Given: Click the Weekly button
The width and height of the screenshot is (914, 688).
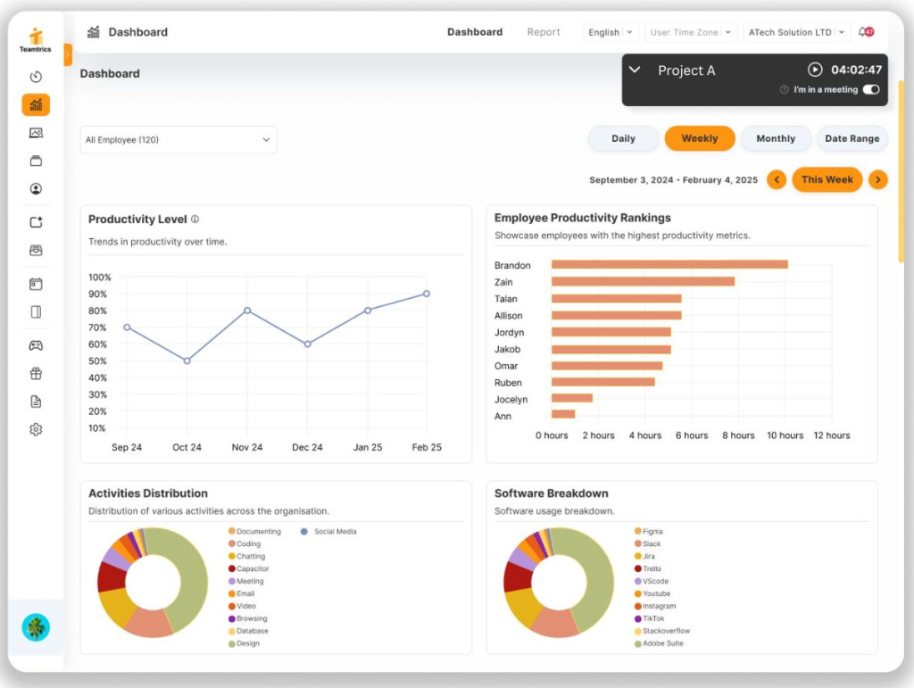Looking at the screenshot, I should [x=699, y=138].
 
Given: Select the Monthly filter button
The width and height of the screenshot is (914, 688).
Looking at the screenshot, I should [x=775, y=138].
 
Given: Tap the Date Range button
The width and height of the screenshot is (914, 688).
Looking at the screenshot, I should [x=852, y=138].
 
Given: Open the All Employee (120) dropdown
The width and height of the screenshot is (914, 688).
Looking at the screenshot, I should [x=179, y=140].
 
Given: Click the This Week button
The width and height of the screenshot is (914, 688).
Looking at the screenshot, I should [x=827, y=179].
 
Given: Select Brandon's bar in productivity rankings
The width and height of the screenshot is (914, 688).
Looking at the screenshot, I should [x=669, y=265].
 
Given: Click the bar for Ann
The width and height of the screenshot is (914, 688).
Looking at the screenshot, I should [x=563, y=414].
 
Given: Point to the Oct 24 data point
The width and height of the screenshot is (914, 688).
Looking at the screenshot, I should [x=187, y=361].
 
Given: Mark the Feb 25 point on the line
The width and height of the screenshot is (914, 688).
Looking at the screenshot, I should [x=427, y=294].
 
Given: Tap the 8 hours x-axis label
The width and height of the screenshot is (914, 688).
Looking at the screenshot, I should [x=737, y=435].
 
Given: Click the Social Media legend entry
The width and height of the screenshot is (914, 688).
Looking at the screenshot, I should [x=335, y=532].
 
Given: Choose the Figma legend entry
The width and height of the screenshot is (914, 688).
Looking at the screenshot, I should [x=652, y=532].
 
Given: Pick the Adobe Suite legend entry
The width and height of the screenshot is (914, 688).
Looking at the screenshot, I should [x=661, y=643].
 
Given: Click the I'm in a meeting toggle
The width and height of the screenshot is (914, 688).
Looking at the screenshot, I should [x=871, y=89].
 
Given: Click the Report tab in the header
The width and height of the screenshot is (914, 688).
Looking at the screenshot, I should [x=544, y=32].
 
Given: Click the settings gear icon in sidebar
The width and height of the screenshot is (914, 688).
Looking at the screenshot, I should [x=36, y=429].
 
